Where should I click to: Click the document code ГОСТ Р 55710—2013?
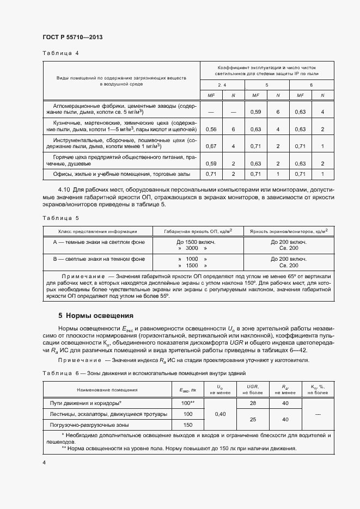click(72, 37)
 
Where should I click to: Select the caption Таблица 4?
click(60, 53)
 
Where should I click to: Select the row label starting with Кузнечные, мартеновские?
click(122, 126)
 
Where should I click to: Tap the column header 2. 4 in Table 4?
click(222, 85)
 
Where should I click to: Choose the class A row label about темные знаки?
click(99, 241)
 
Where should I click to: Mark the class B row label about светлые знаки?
click(99, 259)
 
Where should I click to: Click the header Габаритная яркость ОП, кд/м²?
click(197, 230)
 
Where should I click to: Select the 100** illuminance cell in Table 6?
click(188, 403)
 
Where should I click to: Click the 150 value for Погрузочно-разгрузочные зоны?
click(188, 425)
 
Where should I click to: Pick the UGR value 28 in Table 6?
click(252, 403)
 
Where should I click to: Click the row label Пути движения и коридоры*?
click(86, 403)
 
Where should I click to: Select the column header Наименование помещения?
click(107, 389)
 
